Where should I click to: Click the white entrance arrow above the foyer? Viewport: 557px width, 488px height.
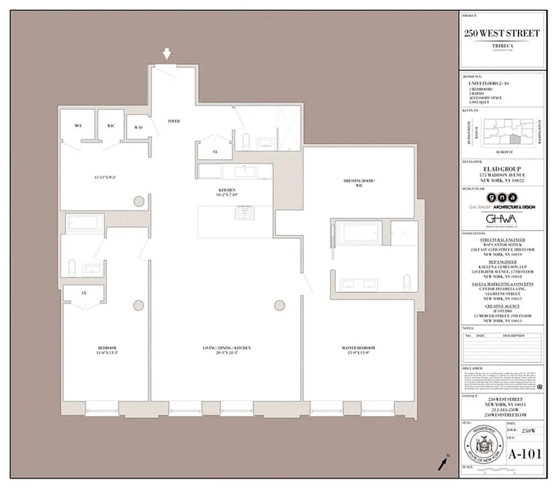pos(167,55)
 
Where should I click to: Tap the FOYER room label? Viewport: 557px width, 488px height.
pos(174,121)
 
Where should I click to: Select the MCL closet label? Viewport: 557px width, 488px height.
pos(78,126)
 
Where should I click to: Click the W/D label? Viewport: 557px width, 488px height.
pos(138,127)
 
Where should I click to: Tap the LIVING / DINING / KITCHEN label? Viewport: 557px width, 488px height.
pos(227,348)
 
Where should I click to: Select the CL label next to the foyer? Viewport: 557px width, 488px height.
pos(216,152)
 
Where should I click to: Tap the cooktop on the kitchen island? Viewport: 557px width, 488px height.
pos(243,213)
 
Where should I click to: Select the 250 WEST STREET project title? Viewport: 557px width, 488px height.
pos(500,33)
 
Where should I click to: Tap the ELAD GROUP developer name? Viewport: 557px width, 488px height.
pos(500,170)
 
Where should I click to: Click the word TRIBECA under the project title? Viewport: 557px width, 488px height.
pos(500,45)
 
